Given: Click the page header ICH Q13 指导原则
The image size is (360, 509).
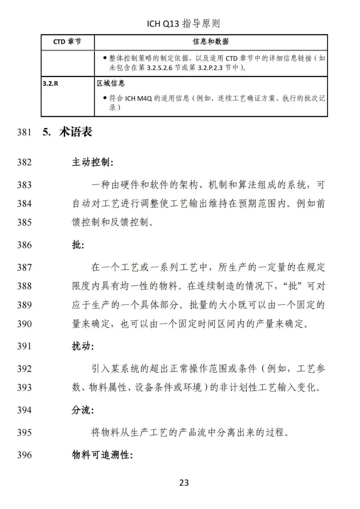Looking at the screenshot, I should [x=183, y=24].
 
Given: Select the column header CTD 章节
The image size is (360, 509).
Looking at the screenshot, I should [x=67, y=42].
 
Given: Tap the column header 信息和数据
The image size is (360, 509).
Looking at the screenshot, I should [x=211, y=42].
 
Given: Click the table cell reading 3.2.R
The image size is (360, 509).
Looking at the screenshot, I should [x=50, y=84].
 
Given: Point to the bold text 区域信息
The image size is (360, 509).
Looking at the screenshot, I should [x=111, y=83].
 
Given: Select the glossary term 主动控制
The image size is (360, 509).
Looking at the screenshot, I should [x=92, y=162].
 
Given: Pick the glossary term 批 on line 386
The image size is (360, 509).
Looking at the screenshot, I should [x=78, y=245].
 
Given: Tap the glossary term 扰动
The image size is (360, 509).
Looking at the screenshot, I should [x=83, y=346].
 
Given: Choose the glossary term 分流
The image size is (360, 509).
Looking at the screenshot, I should [x=83, y=410].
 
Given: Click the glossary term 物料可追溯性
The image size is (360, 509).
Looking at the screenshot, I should [x=102, y=455].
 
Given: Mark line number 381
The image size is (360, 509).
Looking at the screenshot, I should [x=24, y=132].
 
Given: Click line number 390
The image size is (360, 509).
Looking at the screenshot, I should [x=24, y=324].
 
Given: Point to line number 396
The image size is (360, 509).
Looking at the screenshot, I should [x=24, y=455].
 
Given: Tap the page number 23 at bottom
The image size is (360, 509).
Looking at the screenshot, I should [x=184, y=483].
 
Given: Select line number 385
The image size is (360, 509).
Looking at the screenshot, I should [x=24, y=222].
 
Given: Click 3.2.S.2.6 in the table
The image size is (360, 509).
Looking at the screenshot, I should [x=162, y=68].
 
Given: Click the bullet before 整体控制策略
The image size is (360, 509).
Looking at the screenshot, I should [x=105, y=58].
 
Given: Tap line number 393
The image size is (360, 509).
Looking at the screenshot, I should [x=24, y=387].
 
